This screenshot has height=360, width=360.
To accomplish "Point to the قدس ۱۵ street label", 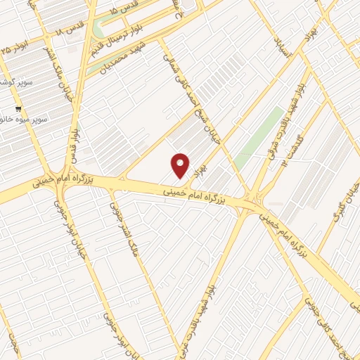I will coord(124,10).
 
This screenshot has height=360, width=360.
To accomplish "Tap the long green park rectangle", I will coord(259,138).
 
